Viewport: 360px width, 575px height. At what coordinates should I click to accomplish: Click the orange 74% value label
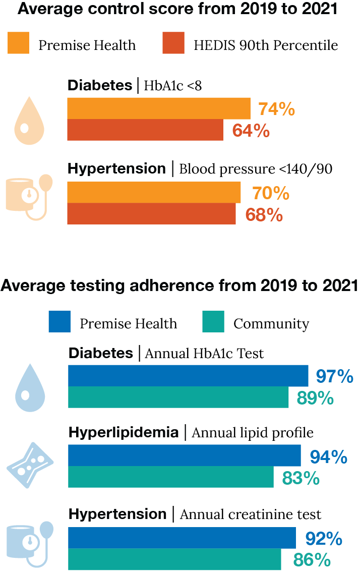(x=276, y=109)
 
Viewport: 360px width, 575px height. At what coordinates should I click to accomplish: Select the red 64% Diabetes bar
(x=145, y=130)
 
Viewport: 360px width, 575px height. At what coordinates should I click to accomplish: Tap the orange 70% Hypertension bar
(x=154, y=192)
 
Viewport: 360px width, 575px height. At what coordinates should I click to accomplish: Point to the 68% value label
(x=264, y=214)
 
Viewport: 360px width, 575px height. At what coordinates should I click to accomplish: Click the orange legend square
(x=18, y=43)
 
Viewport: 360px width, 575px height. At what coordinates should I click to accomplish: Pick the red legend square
(x=173, y=43)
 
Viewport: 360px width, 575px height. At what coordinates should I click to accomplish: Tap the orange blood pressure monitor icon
(x=28, y=197)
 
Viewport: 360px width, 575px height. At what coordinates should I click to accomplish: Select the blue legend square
(x=59, y=322)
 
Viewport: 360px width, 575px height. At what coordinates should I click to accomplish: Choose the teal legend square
(x=213, y=322)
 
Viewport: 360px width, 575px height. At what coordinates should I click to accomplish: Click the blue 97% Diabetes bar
(x=188, y=375)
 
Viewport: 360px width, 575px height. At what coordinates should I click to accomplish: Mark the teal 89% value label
(x=315, y=398)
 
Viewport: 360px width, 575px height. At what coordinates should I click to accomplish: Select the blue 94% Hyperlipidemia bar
(x=185, y=455)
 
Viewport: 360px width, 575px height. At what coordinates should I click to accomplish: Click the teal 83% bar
(x=171, y=477)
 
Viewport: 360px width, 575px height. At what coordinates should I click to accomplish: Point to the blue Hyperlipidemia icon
(x=30, y=465)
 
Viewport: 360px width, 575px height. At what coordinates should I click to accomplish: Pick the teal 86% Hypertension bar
(x=174, y=559)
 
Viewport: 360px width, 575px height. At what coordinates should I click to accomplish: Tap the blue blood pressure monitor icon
(x=29, y=544)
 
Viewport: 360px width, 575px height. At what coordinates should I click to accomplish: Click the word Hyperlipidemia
(x=124, y=433)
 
